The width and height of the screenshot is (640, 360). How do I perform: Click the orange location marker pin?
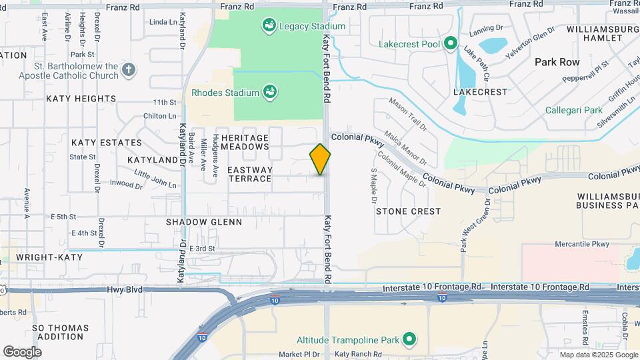tap(320, 159)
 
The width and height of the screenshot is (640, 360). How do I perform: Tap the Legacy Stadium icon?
tap(269, 26)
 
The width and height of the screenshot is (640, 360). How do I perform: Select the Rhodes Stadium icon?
tap(269, 92)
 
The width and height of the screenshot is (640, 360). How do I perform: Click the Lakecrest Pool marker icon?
tap(451, 45)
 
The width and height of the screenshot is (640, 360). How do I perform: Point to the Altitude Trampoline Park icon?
tap(411, 340)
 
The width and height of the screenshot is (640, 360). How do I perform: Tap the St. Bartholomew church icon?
tap(129, 69)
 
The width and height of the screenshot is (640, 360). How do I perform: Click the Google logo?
tap(22, 351)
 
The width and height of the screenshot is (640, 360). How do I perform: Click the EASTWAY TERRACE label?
tap(250, 174)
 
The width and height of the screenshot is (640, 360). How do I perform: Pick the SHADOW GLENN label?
tap(204, 221)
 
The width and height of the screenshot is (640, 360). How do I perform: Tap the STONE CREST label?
tap(408, 211)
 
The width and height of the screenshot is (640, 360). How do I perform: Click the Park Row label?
tap(557, 61)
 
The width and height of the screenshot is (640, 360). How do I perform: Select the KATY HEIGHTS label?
tap(81, 99)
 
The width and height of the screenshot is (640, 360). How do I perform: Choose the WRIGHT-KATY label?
tap(49, 257)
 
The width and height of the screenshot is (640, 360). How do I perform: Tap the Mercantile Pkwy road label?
tap(582, 244)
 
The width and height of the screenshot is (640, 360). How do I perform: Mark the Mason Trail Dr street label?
tap(407, 113)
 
